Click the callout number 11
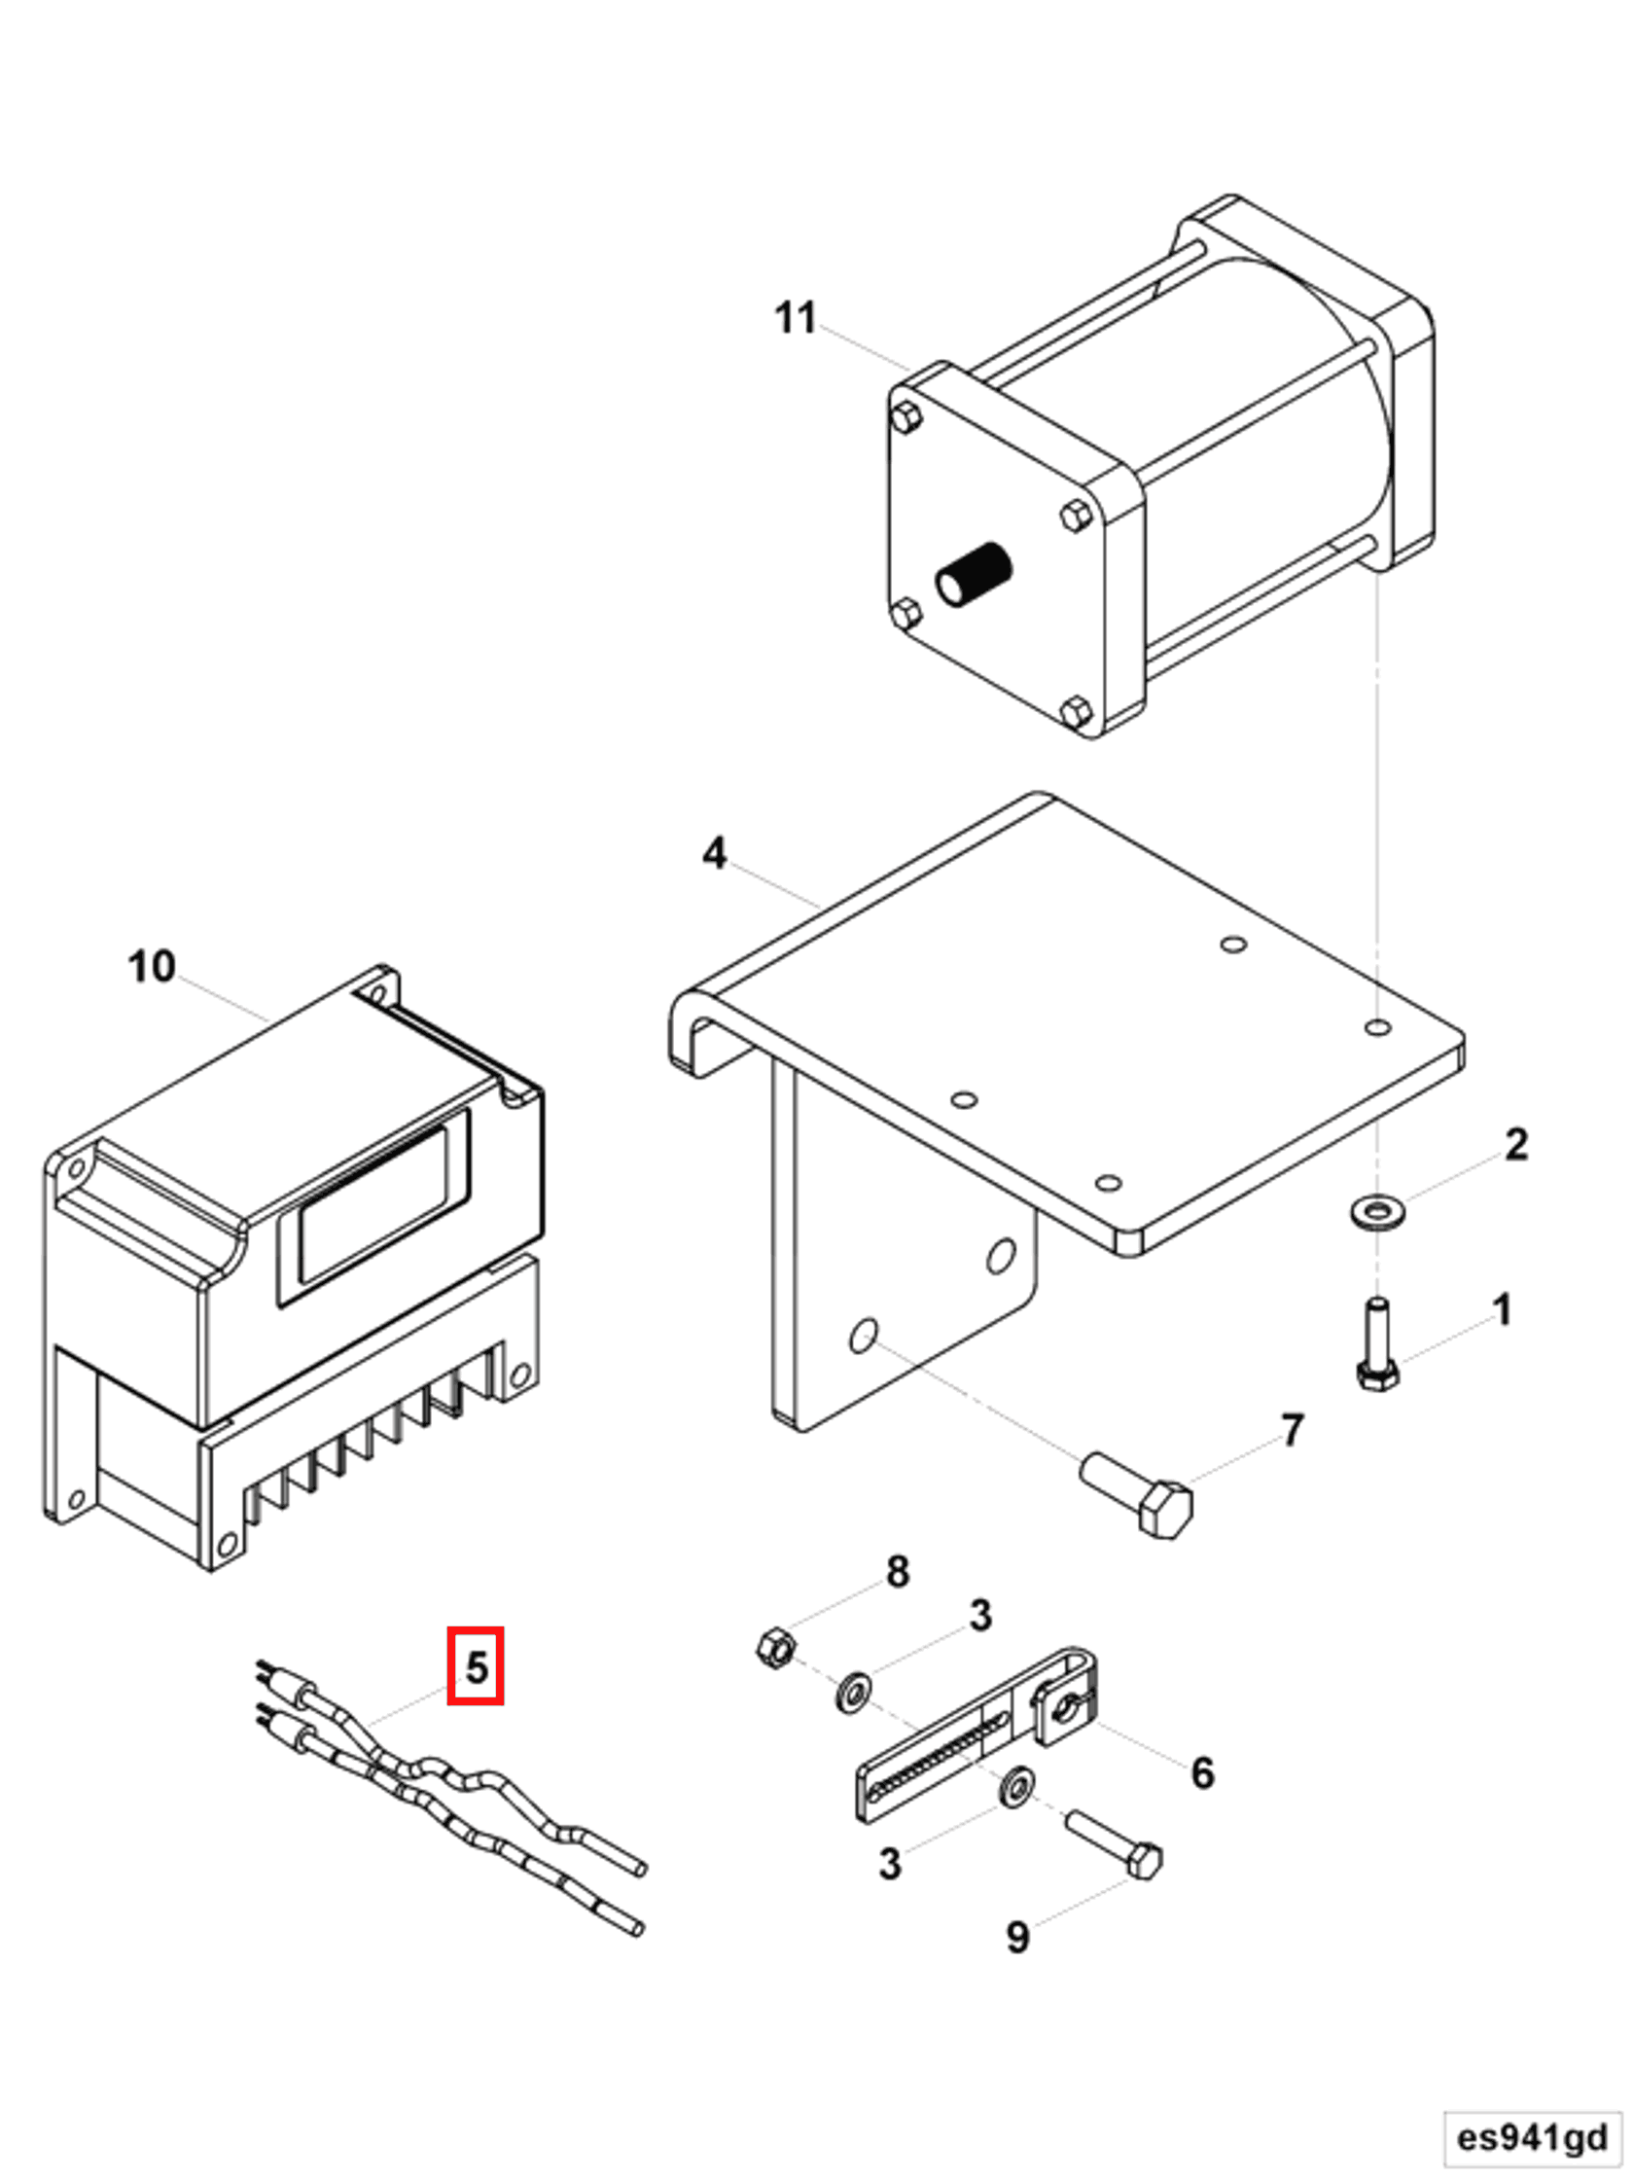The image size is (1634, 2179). tap(794, 318)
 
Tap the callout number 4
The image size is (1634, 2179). tap(714, 852)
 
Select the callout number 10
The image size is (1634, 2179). tap(151, 966)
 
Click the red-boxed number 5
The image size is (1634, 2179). tap(475, 1666)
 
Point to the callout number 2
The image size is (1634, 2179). tap(1515, 1144)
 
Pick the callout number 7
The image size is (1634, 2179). tap(1293, 1429)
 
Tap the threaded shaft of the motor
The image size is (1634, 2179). tap(976, 574)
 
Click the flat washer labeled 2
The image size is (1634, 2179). tap(1377, 1213)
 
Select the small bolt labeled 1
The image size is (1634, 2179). tap(1377, 1344)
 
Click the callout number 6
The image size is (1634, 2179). tap(1201, 1772)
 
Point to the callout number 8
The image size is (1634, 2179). tap(898, 1571)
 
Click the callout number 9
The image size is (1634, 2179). tap(1017, 1937)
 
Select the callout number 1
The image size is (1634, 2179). tap(1501, 1310)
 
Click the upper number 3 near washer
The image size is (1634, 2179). tap(979, 1616)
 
